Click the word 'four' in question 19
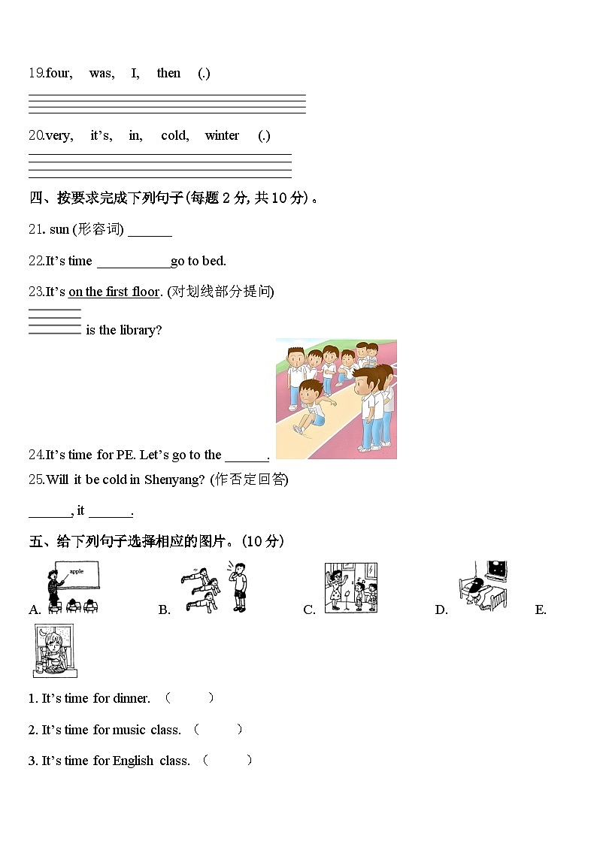(59, 73)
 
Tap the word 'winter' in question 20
(222, 135)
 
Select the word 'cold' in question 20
(174, 135)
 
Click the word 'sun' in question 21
(59, 229)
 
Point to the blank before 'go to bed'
(134, 262)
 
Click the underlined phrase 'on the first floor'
(114, 292)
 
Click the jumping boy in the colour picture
(309, 407)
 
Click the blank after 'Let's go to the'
(247, 456)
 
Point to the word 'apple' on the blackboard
(76, 572)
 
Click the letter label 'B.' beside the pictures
(164, 610)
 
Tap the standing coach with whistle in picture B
(238, 585)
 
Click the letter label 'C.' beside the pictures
(309, 610)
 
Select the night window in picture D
(497, 572)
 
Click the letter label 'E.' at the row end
(541, 610)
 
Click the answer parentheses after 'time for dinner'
(189, 698)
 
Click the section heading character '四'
(35, 198)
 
